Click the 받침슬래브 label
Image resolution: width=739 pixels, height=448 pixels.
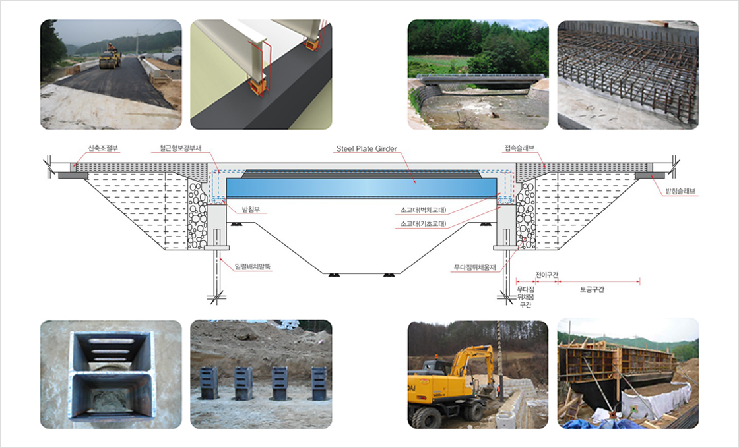pyautogui.click(x=682, y=191)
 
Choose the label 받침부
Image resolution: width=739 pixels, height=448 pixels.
pyautogui.click(x=252, y=210)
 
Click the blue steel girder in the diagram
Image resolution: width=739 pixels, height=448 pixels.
pyautogui.click(x=362, y=187)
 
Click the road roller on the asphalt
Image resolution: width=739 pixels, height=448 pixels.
pyautogui.click(x=110, y=58)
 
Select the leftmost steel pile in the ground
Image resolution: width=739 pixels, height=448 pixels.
pyautogui.click(x=210, y=383)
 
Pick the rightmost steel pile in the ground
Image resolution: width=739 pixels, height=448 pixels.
pyautogui.click(x=319, y=382)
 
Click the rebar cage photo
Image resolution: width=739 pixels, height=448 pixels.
pyautogui.click(x=627, y=74)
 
